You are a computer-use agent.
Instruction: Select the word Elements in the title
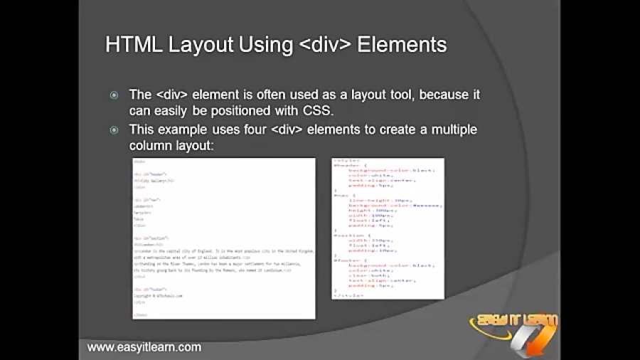[402, 45]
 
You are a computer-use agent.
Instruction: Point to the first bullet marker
[114, 95]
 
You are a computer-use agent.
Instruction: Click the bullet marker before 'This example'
[114, 130]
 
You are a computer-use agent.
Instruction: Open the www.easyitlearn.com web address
[144, 347]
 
